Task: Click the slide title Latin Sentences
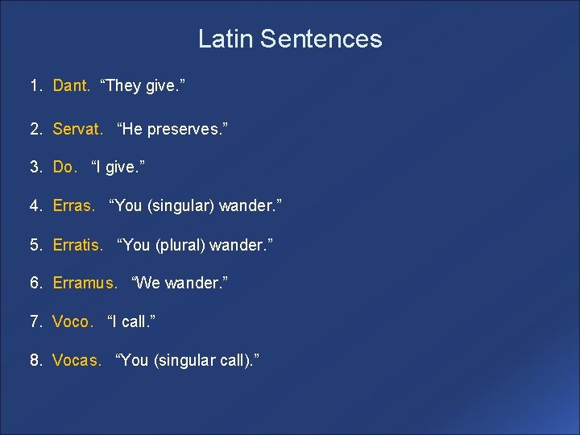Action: [290, 39]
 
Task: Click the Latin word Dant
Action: [71, 86]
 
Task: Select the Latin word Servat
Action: [77, 128]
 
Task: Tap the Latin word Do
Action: [64, 168]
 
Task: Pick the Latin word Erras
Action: [73, 206]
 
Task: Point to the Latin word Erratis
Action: [77, 245]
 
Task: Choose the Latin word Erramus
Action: [85, 284]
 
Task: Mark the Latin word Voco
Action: [72, 322]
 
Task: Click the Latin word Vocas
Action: [77, 361]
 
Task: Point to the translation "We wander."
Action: [180, 284]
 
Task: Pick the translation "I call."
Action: [131, 322]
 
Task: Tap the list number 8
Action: [35, 361]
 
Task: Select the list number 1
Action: [35, 86]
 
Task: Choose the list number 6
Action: [35, 284]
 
